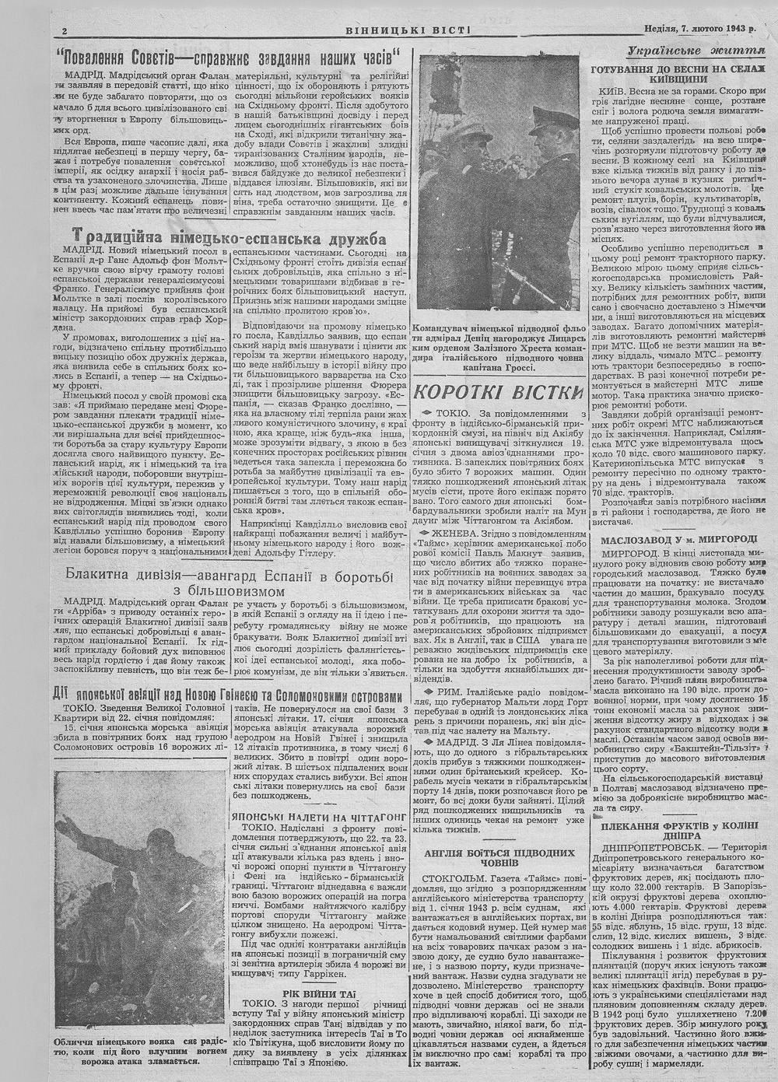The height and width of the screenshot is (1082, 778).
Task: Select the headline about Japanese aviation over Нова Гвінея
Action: click(230, 695)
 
